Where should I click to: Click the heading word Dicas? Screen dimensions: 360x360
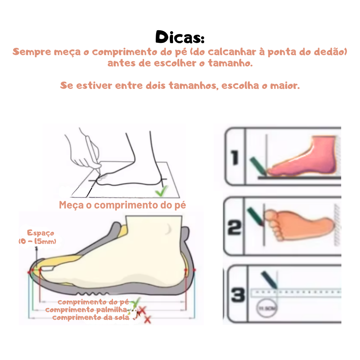click(180, 37)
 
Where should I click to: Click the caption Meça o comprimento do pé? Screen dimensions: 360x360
click(122, 205)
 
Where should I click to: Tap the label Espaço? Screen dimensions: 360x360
click(40, 233)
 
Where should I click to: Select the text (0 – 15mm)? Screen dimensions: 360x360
click(37, 242)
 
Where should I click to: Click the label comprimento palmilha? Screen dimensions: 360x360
click(86, 310)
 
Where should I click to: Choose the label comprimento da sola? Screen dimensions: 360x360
click(91, 317)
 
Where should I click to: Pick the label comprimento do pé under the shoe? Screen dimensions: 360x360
click(94, 302)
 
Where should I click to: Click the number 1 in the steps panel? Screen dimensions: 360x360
click(235, 157)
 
